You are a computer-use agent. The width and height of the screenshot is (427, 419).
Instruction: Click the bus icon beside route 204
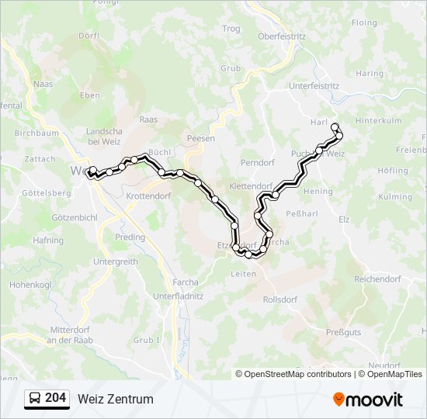35,398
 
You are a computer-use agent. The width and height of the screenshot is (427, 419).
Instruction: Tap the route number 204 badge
56,398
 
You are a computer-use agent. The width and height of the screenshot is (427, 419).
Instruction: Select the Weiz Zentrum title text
116,399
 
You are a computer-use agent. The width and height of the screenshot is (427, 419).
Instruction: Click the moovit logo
368,399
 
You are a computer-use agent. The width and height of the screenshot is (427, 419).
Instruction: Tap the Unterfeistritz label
314,86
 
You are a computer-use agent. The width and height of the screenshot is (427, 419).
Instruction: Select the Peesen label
200,138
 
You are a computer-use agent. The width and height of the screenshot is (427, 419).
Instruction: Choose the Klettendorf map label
252,187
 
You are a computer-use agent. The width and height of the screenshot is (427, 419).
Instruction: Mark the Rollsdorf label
280,299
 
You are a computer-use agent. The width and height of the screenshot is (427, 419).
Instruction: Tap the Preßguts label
344,332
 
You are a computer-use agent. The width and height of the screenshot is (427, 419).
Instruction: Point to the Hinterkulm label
379,121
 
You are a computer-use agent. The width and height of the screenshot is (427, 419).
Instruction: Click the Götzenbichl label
73,218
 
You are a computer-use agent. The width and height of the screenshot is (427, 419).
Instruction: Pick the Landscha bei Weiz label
103,136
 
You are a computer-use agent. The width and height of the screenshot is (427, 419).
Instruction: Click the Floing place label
364,23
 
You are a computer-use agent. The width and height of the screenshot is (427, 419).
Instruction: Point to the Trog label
231,29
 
